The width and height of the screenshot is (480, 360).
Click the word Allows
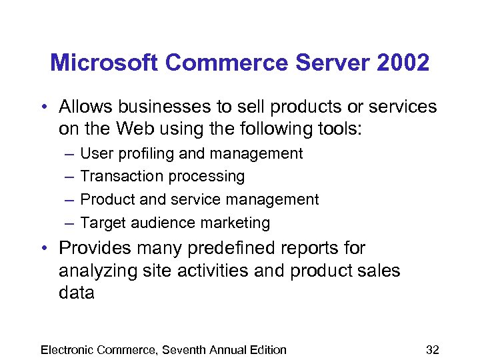[83, 107]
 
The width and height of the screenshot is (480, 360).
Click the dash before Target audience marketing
[70, 223]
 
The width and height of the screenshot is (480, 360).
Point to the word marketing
[239, 223]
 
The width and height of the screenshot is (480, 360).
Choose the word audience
[170, 223]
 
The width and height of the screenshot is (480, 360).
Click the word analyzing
[94, 271]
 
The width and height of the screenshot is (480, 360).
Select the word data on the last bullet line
[77, 293]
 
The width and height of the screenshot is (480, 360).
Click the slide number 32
[432, 350]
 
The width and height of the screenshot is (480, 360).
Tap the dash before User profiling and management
[70, 154]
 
